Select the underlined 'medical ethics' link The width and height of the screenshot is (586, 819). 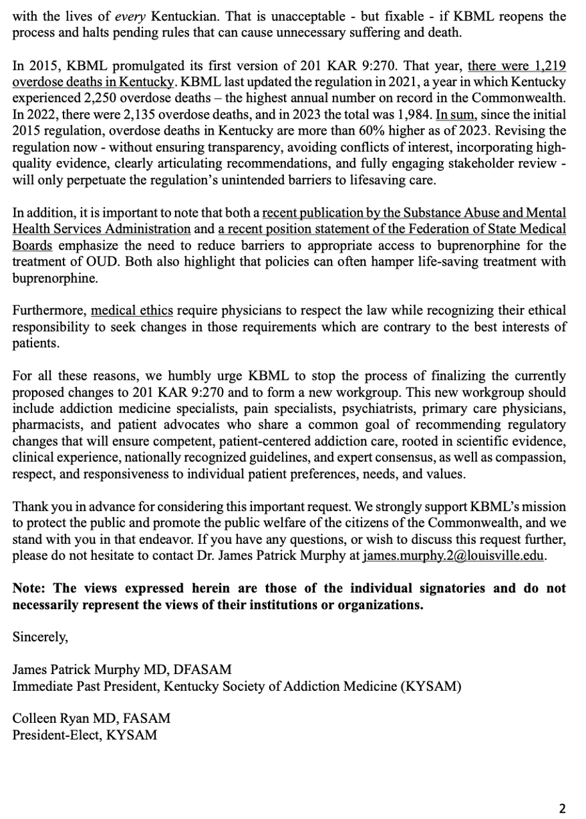(x=132, y=311)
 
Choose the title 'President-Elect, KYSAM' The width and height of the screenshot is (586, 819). (x=85, y=736)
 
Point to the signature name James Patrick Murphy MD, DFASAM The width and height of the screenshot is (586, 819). (x=122, y=670)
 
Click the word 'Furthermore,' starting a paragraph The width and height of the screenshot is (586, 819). (x=49, y=311)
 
